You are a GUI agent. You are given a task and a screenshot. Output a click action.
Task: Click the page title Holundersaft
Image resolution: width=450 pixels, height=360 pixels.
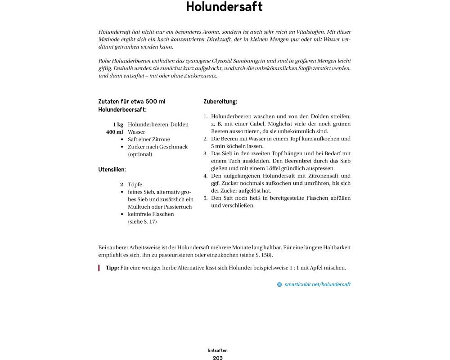pyautogui.click(x=224, y=7)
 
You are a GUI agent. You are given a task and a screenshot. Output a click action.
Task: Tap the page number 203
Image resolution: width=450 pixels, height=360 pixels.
pyautogui.click(x=218, y=358)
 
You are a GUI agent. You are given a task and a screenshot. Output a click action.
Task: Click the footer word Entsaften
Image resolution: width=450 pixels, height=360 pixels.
pyautogui.click(x=218, y=350)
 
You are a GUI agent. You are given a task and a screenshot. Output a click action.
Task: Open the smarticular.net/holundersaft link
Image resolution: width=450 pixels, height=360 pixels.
pyautogui.click(x=317, y=284)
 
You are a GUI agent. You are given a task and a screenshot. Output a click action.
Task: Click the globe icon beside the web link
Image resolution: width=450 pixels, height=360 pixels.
pyautogui.click(x=279, y=284)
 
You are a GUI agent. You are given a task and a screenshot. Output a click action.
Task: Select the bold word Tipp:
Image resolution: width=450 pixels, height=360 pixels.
pyautogui.click(x=112, y=268)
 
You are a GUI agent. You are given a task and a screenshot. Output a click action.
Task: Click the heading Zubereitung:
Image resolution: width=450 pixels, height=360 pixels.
pyautogui.click(x=220, y=102)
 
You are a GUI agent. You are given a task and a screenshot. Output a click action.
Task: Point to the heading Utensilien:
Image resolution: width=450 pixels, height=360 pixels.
pyautogui.click(x=112, y=170)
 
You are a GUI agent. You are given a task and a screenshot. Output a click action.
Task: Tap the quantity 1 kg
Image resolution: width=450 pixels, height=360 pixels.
pyautogui.click(x=118, y=125)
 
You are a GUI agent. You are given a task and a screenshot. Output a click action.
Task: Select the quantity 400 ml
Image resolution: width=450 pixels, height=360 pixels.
pyautogui.click(x=115, y=132)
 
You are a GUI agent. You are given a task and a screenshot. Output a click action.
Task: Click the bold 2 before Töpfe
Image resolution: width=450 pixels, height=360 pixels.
pyautogui.click(x=121, y=184)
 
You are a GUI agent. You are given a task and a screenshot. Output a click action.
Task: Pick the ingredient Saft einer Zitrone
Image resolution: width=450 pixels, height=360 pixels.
pyautogui.click(x=149, y=139)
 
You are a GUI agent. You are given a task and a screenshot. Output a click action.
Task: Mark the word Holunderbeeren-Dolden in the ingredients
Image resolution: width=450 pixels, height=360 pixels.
pyautogui.click(x=158, y=125)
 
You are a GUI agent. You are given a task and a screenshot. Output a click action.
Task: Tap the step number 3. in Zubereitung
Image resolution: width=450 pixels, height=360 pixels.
pyautogui.click(x=206, y=153)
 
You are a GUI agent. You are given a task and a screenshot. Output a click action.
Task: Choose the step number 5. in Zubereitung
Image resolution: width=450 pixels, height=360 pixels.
pyautogui.click(x=206, y=198)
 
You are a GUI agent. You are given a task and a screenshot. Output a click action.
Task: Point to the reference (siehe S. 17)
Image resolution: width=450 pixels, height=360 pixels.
pyautogui.click(x=142, y=222)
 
